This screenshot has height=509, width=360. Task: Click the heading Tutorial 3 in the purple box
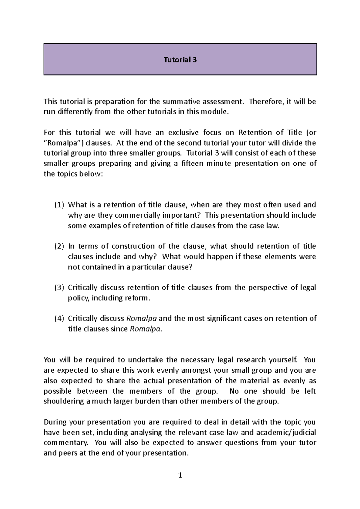[180, 60]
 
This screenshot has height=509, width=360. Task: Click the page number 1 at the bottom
[180, 475]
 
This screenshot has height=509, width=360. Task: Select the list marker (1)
[59, 205]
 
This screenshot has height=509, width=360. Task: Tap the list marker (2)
[59, 246]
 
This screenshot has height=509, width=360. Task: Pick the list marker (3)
[59, 288]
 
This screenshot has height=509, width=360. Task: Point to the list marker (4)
[59, 318]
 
